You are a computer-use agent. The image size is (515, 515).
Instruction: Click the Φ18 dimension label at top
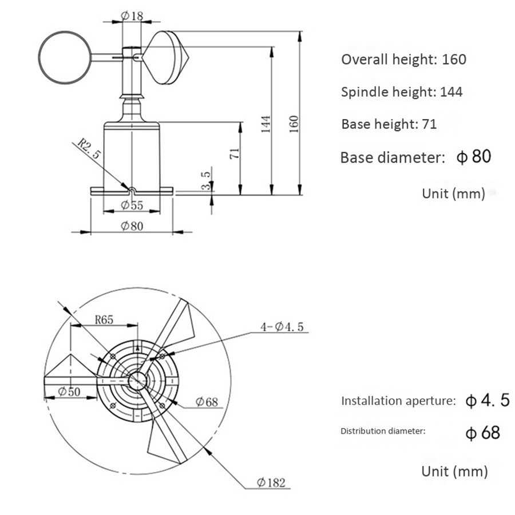[132, 15]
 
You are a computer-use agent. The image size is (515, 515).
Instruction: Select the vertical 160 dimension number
[294, 124]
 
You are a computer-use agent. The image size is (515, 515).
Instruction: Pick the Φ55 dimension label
[132, 205]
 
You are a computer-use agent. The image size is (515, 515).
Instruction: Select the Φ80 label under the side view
[132, 225]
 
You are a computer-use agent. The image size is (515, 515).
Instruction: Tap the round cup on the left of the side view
[64, 57]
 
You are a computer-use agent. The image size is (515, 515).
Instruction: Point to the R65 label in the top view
[104, 320]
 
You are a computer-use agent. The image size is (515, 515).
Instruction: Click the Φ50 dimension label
[70, 392]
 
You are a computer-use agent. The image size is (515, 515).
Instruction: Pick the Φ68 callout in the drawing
[207, 402]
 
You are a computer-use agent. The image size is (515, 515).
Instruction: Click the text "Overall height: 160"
[403, 59]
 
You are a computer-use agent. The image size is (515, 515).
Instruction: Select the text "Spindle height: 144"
[402, 92]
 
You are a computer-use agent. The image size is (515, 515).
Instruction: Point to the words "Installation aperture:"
[398, 401]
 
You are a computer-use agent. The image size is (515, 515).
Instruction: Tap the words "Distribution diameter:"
[383, 431]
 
